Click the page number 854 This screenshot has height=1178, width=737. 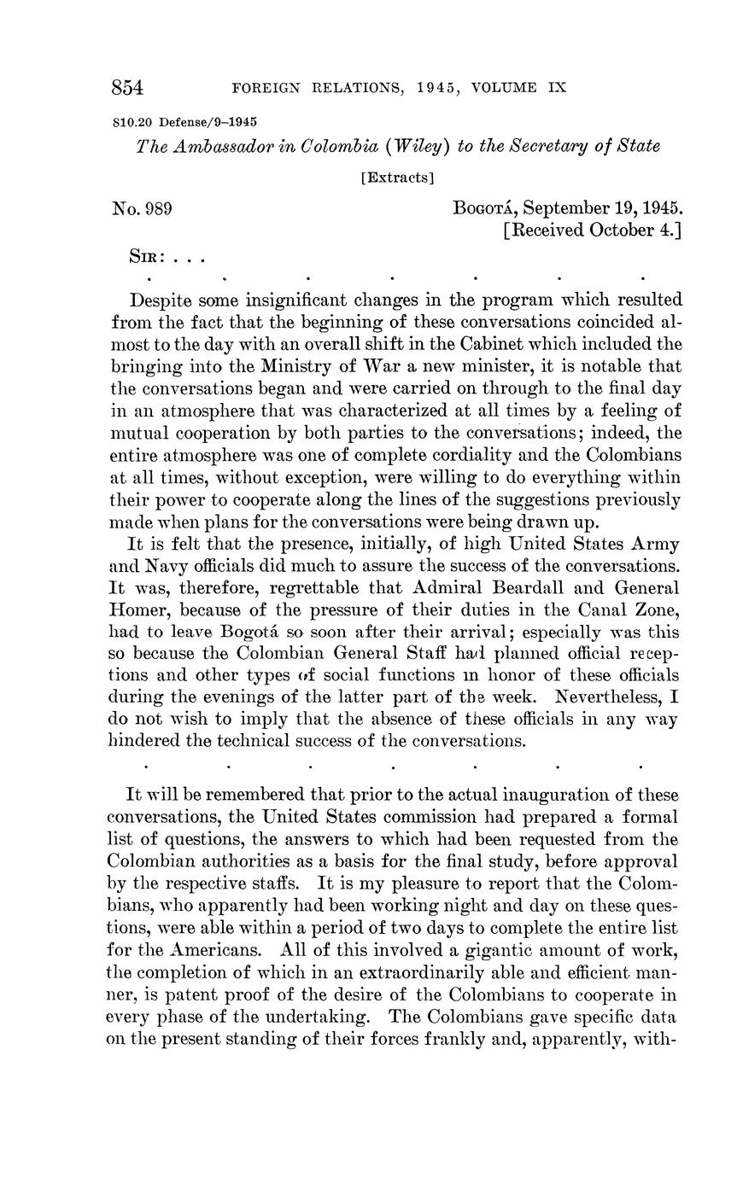(x=127, y=88)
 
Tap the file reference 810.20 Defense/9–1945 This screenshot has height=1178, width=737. (x=185, y=122)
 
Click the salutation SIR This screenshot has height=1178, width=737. (x=145, y=257)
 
